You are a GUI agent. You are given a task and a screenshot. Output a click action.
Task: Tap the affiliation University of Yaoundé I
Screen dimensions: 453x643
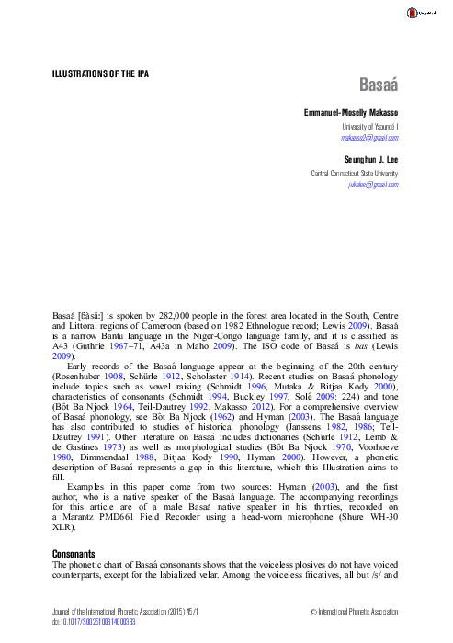click(x=369, y=125)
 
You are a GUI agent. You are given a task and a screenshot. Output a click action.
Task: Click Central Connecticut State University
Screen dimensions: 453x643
click(x=354, y=173)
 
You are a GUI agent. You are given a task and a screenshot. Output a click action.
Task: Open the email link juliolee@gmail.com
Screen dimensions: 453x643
click(x=373, y=185)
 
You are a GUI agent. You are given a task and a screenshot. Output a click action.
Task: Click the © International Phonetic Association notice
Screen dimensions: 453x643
click(x=354, y=610)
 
